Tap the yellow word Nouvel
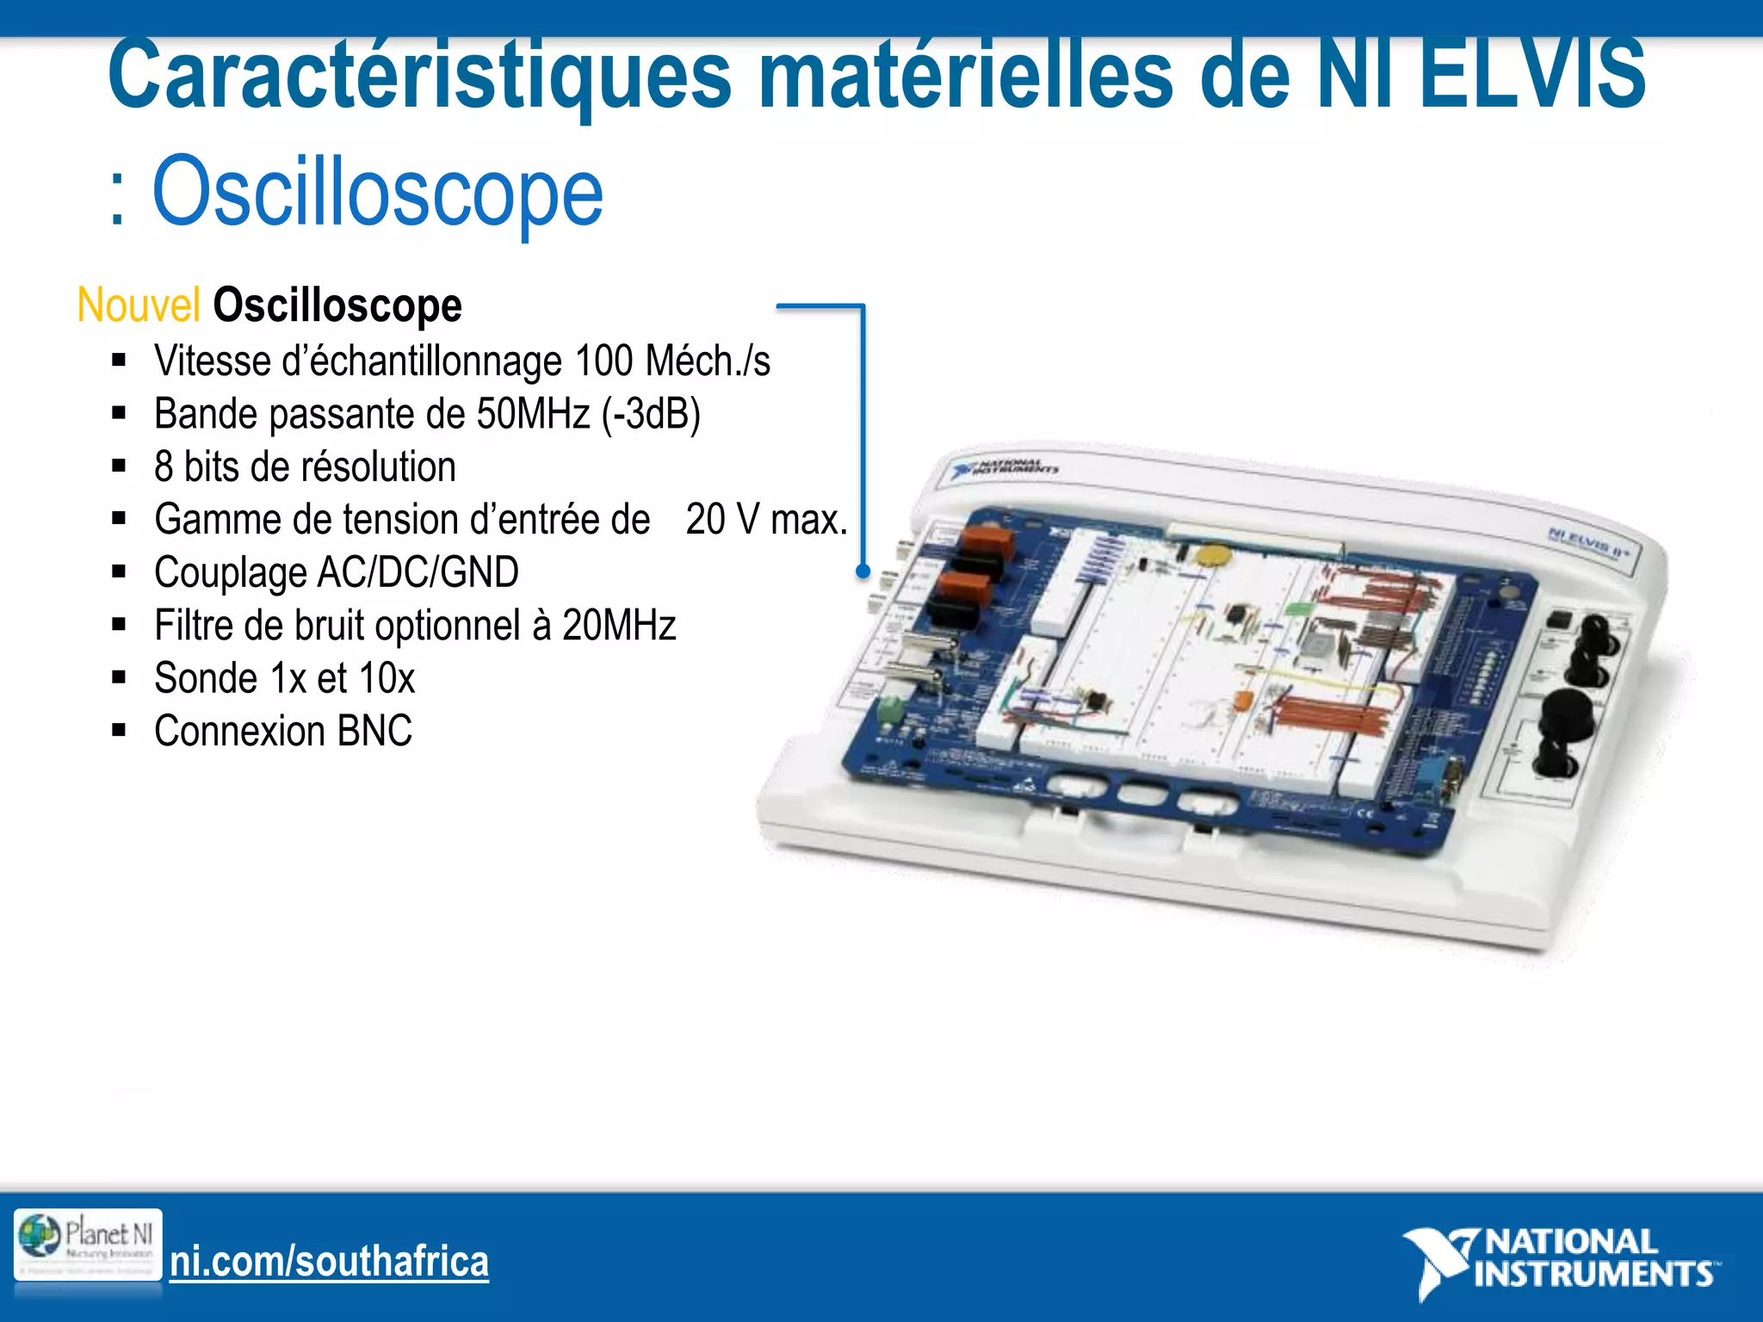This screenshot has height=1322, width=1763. click(139, 306)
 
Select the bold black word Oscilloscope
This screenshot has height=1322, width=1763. click(337, 306)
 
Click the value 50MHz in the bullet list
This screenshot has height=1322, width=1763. click(533, 414)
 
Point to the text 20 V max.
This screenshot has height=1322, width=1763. click(766, 520)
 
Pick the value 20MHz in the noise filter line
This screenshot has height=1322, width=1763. click(619, 626)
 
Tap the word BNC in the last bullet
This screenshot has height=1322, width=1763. click(374, 732)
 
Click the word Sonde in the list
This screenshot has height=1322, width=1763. click(206, 679)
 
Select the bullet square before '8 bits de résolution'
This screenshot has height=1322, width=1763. click(119, 467)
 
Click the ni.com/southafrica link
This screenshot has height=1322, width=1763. click(329, 1262)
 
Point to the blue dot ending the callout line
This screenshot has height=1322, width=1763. click(863, 571)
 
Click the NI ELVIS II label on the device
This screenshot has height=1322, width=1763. click(1588, 541)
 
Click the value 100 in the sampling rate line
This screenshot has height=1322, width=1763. click(603, 361)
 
